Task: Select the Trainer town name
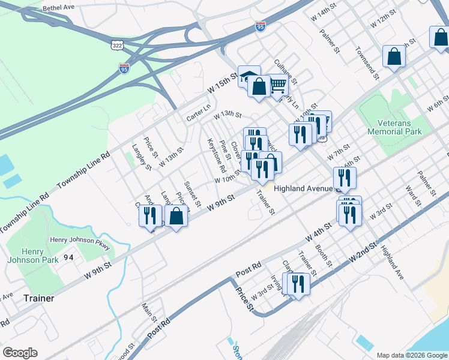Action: tap(38, 298)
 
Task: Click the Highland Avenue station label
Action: tap(303, 188)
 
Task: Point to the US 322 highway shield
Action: tap(117, 44)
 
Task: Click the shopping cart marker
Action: tap(277, 85)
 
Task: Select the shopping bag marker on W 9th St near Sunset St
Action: tap(176, 217)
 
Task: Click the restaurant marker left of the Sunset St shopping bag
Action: tap(151, 215)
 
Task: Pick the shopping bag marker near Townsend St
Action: tap(394, 58)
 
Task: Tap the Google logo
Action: tap(20, 353)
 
